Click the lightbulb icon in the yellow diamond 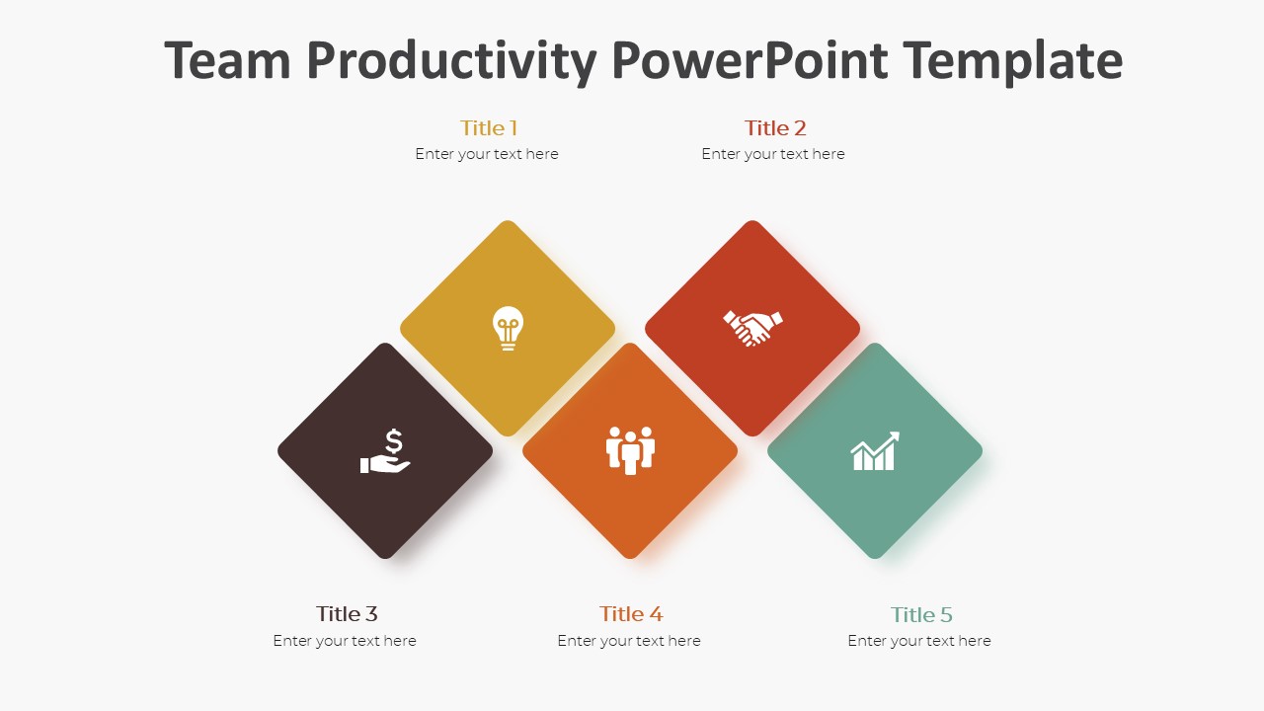coord(508,328)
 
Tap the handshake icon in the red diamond coord(752,328)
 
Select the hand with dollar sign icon coord(385,451)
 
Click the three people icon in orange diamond coord(630,450)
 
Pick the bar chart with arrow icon coord(875,451)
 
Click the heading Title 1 coord(488,127)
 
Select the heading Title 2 coord(775,127)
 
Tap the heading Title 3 coord(347,613)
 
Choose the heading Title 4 coord(631,613)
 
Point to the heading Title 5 coord(921,614)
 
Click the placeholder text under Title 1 coord(487,154)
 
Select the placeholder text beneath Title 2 coord(773,154)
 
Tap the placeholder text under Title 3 coord(345,641)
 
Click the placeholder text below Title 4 coord(629,641)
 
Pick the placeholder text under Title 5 coord(919,641)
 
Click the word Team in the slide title coord(228,60)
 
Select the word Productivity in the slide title coord(451,60)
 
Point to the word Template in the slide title coord(1012,60)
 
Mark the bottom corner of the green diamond coord(875,556)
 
